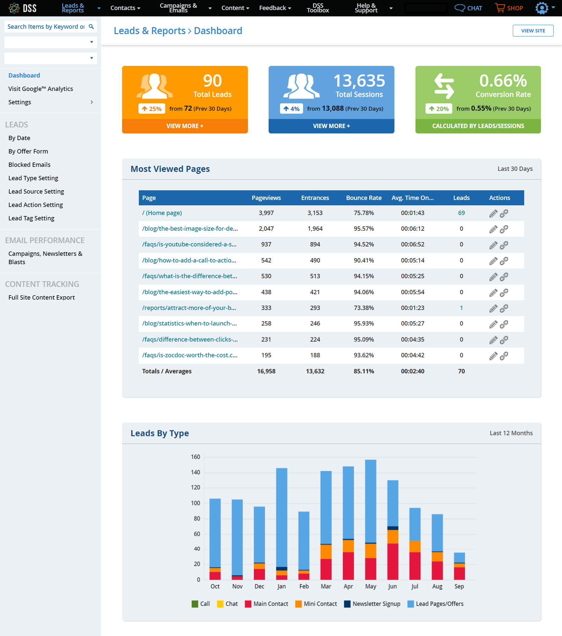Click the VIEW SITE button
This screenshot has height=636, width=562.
tap(533, 31)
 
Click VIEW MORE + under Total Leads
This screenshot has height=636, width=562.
tap(185, 126)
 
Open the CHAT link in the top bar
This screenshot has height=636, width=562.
tap(468, 8)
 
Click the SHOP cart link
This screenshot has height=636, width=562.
tap(509, 8)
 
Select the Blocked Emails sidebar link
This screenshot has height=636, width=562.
tap(29, 165)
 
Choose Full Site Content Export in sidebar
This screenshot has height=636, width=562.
tap(41, 297)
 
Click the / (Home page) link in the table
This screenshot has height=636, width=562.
tap(162, 213)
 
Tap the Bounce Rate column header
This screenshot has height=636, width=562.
tap(364, 198)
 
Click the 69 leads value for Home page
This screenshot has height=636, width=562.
tap(461, 213)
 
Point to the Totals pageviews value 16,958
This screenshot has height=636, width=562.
tap(266, 371)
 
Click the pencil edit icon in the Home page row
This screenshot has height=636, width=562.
tap(493, 213)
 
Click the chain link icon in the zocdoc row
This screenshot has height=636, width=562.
tap(504, 356)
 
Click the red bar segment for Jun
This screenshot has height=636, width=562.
tap(393, 562)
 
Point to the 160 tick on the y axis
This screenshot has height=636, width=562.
tap(195, 457)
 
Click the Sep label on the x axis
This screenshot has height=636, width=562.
tap(459, 587)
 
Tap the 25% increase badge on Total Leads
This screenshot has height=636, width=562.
tap(152, 109)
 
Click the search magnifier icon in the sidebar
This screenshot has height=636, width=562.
tap(91, 26)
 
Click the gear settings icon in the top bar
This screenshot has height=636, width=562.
tap(542, 8)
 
